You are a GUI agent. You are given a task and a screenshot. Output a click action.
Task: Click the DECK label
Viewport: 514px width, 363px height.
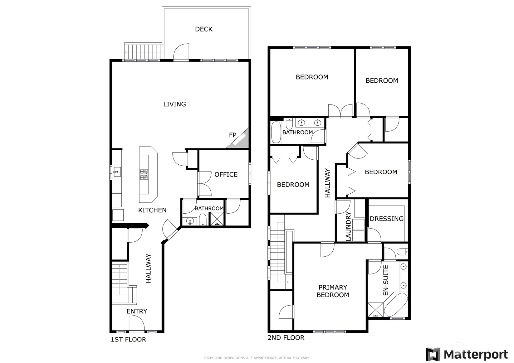coord(204,29)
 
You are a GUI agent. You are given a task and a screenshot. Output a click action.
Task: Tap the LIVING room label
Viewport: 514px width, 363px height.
coord(175,104)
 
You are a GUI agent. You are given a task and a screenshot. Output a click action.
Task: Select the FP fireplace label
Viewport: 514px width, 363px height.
coord(233,135)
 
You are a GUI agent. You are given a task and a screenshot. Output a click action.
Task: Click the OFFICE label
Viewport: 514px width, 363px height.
coord(226,175)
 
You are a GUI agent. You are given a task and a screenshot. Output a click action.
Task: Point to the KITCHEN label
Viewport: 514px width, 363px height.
coord(152,210)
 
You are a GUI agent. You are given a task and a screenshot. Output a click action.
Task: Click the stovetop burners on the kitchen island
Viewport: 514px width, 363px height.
coord(144,175)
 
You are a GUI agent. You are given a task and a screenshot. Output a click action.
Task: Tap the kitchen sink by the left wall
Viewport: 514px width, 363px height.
coord(117,172)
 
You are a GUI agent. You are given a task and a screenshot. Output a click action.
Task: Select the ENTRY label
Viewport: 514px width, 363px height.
coord(137,311)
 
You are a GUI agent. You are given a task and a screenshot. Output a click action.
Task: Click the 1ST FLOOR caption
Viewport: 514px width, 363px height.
coord(129,339)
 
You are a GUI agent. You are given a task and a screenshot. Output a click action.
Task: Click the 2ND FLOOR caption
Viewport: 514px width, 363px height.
coord(286,337)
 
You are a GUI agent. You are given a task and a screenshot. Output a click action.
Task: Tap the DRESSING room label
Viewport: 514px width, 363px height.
coord(387,219)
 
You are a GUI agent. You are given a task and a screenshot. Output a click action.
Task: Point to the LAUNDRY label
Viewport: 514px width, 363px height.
coord(348,226)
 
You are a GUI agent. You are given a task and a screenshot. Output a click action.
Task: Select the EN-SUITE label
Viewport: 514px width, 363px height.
coord(386,280)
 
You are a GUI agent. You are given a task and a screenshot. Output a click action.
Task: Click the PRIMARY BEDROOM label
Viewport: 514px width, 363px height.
coord(333,291)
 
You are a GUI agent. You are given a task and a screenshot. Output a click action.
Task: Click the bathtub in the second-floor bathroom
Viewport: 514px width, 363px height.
coord(276,132)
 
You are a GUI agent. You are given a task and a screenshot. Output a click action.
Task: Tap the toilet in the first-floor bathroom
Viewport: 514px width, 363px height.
coord(203,220)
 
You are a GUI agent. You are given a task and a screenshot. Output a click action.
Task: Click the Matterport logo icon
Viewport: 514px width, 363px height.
coord(433,354)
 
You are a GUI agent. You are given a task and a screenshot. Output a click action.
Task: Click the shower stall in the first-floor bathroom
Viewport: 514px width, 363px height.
coord(217,219)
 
